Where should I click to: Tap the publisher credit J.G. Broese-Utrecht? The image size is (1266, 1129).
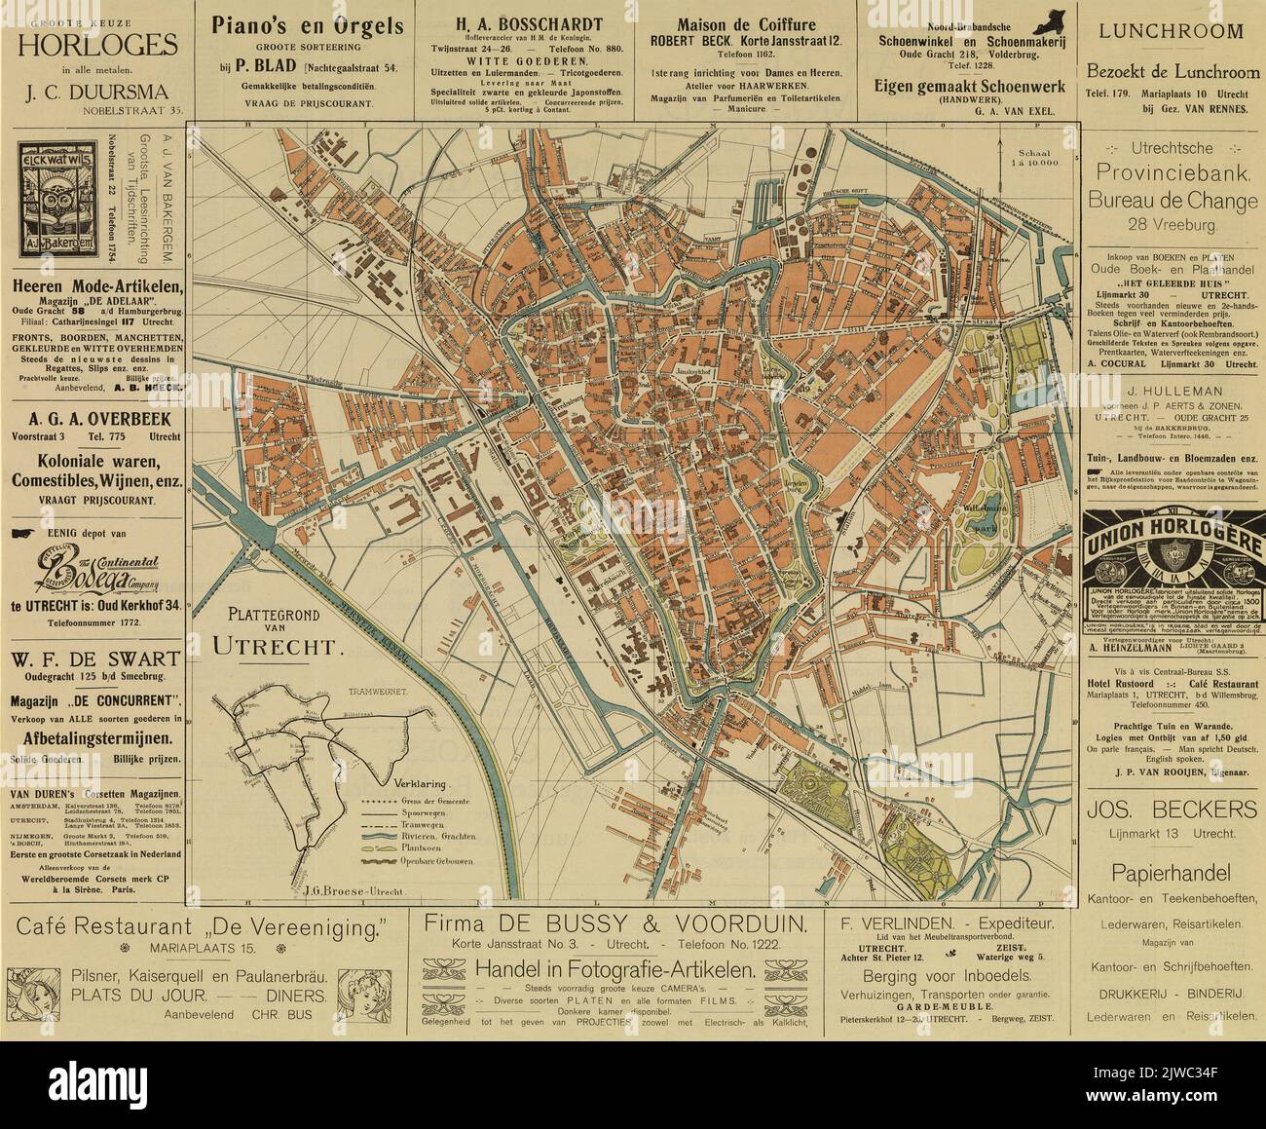(341, 889)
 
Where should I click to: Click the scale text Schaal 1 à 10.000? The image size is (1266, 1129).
(1035, 159)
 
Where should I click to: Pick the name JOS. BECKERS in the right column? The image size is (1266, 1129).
(1167, 809)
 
